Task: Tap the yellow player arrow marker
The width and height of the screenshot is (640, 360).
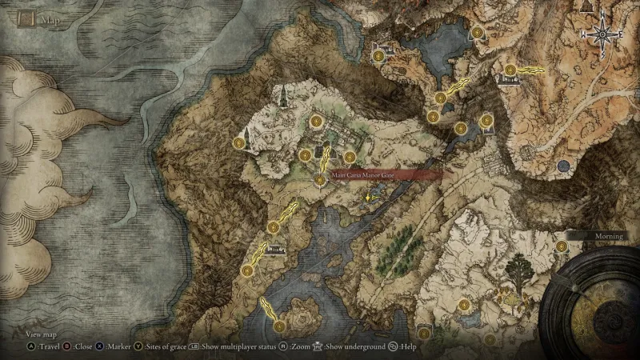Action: pos(367,195)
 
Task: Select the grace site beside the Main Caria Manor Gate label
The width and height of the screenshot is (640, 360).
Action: pos(321,180)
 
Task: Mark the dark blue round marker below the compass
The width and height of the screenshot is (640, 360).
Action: pos(564,166)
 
